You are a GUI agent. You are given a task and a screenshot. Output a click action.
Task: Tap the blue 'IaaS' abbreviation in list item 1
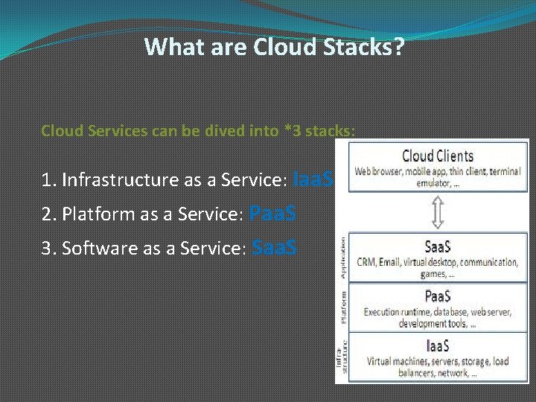click(314, 179)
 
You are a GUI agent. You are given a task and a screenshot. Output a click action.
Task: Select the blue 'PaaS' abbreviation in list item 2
click(272, 214)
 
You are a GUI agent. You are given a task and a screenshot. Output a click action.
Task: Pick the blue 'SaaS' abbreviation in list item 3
click(275, 248)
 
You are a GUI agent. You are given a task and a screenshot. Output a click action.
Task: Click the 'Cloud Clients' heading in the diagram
click(437, 156)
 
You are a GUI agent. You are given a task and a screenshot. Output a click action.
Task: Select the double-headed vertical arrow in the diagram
click(438, 212)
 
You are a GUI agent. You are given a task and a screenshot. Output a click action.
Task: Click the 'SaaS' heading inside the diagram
click(437, 246)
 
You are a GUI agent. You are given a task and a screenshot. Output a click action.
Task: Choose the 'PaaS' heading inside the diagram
click(437, 296)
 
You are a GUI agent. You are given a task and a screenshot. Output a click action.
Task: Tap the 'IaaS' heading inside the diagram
click(437, 345)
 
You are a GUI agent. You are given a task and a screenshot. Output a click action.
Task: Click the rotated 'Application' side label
click(343, 258)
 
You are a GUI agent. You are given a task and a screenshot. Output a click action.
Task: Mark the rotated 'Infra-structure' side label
click(342, 357)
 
